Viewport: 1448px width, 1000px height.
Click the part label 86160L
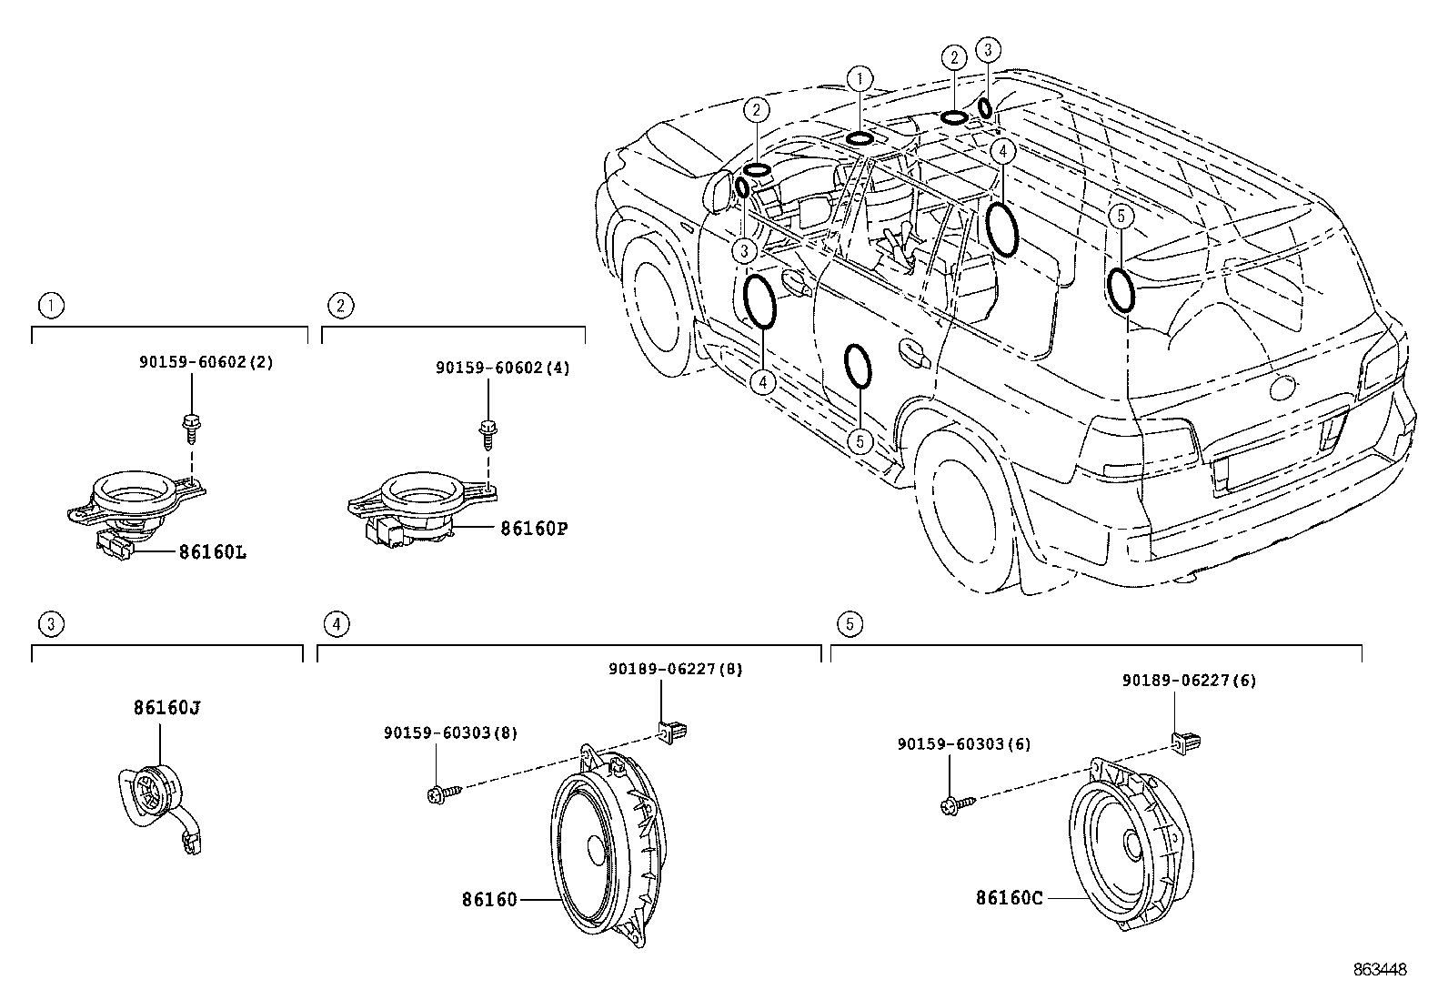[212, 551]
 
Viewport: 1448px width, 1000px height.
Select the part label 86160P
[533, 528]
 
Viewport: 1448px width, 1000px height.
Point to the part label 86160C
[1009, 897]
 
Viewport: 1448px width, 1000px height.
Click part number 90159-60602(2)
[206, 361]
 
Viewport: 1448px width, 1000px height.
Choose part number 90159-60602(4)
[502, 368]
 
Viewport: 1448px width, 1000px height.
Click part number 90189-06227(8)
[675, 669]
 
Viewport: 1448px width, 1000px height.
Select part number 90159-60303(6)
[963, 743]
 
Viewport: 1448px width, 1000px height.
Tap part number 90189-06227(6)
[1189, 680]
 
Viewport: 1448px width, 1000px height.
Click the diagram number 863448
[1379, 970]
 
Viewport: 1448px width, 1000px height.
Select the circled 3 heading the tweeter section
[51, 623]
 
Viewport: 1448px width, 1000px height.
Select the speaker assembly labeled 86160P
[418, 510]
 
